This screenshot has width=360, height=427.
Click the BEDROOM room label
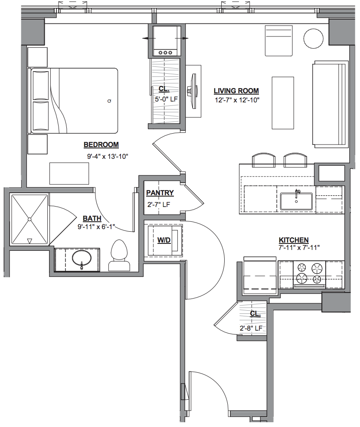pyautogui.click(x=101, y=145)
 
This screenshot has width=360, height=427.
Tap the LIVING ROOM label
pyautogui.click(x=236, y=91)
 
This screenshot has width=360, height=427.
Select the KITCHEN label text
pyautogui.click(x=294, y=240)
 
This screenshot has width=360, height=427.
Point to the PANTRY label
pyautogui.click(x=160, y=193)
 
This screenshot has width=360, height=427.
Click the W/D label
pyautogui.click(x=164, y=240)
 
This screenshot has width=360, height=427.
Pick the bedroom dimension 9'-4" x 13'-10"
pyautogui.click(x=108, y=157)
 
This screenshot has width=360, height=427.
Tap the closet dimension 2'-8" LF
pyautogui.click(x=251, y=328)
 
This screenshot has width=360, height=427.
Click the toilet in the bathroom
pyautogui.click(x=119, y=256)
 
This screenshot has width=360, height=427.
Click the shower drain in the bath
pyautogui.click(x=29, y=219)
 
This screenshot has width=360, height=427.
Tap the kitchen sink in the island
pyautogui.click(x=296, y=201)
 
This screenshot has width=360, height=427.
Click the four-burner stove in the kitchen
pyautogui.click(x=309, y=274)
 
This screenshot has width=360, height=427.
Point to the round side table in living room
pyautogui.click(x=314, y=39)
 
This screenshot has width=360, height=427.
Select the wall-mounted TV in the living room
pyautogui.click(x=193, y=92)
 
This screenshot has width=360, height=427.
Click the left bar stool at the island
pyautogui.click(x=264, y=160)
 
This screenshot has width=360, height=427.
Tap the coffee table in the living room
pyautogui.click(x=283, y=103)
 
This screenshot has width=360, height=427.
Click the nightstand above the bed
pyautogui.click(x=38, y=57)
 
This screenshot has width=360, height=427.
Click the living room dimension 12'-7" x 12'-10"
pyautogui.click(x=237, y=100)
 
